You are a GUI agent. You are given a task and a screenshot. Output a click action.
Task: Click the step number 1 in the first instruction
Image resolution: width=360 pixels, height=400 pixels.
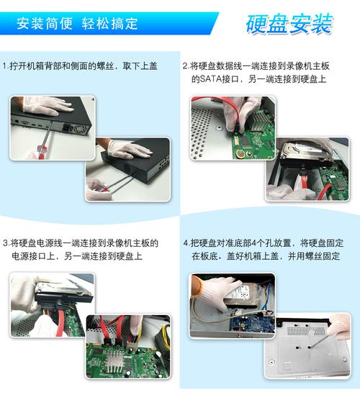click(x=5, y=65)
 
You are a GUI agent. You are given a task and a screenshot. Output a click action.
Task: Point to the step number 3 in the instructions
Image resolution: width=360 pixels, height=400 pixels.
click(x=6, y=243)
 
